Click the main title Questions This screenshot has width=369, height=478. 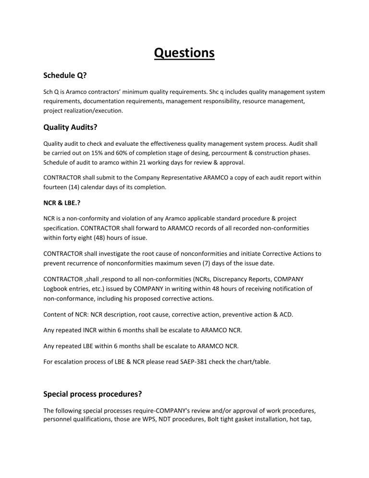tap(184, 52)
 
